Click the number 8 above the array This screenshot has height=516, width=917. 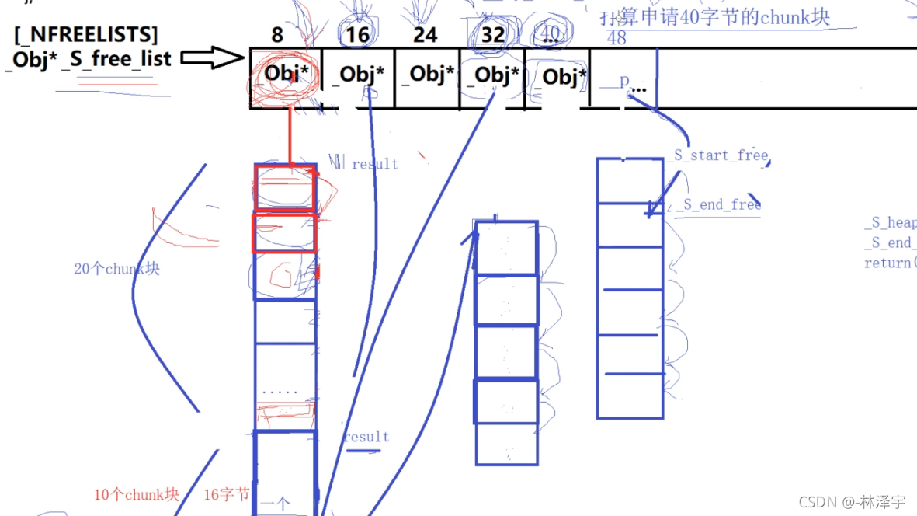coord(277,34)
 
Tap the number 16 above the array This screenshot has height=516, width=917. coord(357,34)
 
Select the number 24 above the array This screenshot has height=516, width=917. coord(425,34)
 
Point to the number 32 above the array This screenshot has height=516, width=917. coord(492,34)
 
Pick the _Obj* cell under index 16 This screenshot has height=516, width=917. coord(358,75)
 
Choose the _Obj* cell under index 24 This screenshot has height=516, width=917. coord(427,75)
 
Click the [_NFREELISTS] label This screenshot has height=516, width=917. coord(85,34)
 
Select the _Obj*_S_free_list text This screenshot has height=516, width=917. coord(89,59)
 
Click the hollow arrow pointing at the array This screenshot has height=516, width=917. coord(212,58)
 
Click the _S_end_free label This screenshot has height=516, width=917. coord(720,205)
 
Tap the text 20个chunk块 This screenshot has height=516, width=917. coord(117,269)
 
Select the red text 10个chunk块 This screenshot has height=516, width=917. coord(137,495)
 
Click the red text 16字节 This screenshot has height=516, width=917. coord(227,495)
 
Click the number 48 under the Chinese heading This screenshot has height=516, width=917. coord(617,38)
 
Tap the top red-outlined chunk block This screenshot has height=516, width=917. coord(285,188)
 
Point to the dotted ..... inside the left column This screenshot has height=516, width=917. coord(280,392)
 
